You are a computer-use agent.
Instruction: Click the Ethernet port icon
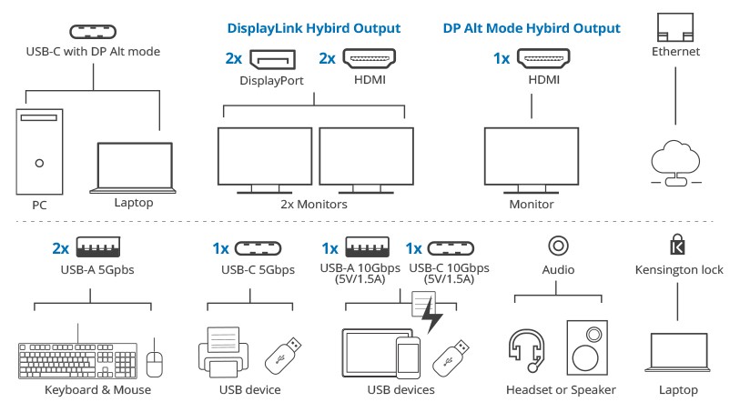pyautogui.click(x=675, y=25)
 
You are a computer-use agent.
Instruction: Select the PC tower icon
pyautogui.click(x=37, y=150)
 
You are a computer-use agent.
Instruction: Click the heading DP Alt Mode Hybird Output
pyautogui.click(x=532, y=28)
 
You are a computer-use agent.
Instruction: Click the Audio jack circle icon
pyautogui.click(x=559, y=246)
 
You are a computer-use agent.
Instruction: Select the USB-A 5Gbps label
pyautogui.click(x=95, y=269)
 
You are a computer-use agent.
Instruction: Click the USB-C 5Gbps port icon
pyautogui.click(x=258, y=247)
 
